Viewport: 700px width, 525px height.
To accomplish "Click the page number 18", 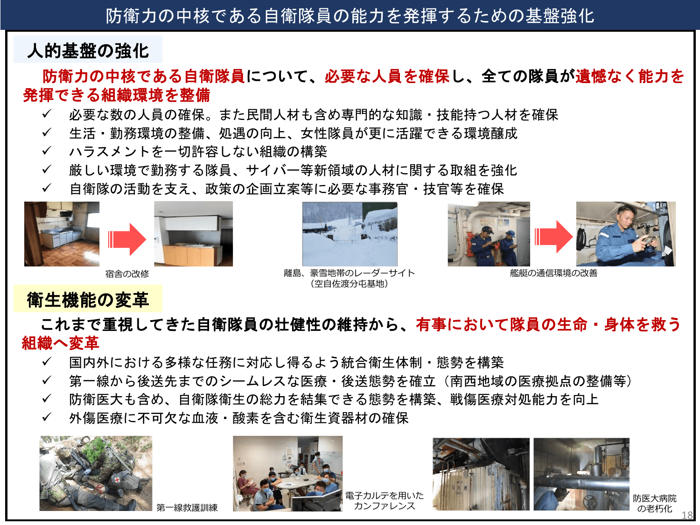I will click(x=687, y=515).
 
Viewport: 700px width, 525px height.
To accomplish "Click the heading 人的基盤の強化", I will click(x=88, y=50).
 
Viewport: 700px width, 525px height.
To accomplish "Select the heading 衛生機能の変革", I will click(x=88, y=300).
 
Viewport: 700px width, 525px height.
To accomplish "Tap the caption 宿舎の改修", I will click(x=127, y=274).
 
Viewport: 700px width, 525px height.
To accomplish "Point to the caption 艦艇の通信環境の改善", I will click(x=553, y=273).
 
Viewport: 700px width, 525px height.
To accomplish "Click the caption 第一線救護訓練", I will click(x=187, y=508).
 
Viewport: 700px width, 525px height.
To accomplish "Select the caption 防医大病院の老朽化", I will click(x=654, y=504).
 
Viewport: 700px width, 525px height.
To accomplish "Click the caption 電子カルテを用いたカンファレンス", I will click(x=384, y=501).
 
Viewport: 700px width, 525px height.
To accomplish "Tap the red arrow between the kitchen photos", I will click(x=127, y=239).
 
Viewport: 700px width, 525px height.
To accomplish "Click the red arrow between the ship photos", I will click(x=553, y=237).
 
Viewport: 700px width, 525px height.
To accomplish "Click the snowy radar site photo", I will click(x=350, y=234).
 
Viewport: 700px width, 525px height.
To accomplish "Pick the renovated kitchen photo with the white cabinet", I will click(x=193, y=234).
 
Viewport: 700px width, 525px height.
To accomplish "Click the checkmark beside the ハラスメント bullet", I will click(x=47, y=151).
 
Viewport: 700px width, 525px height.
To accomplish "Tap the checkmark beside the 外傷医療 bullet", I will click(x=47, y=418).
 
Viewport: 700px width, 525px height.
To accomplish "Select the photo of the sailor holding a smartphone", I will click(x=625, y=234).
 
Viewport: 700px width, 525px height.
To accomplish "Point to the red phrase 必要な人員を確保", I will click(x=387, y=76).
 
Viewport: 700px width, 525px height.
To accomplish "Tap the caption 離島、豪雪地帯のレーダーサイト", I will click(x=349, y=273).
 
